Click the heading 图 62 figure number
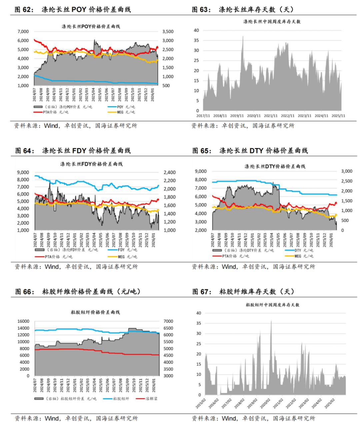[24, 10]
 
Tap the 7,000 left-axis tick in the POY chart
[23, 32]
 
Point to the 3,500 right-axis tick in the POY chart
[168, 32]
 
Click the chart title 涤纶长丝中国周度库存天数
[272, 22]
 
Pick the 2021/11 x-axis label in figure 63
[270, 116]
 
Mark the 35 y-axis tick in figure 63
[196, 40]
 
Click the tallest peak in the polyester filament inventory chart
[243, 36]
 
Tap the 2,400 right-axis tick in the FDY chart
[169, 173]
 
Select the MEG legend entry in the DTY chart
[300, 256]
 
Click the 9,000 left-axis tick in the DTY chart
[201, 171]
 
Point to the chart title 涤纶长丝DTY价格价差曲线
[275, 166]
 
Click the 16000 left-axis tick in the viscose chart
[23, 321]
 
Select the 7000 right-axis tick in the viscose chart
[168, 321]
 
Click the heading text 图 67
[202, 292]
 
